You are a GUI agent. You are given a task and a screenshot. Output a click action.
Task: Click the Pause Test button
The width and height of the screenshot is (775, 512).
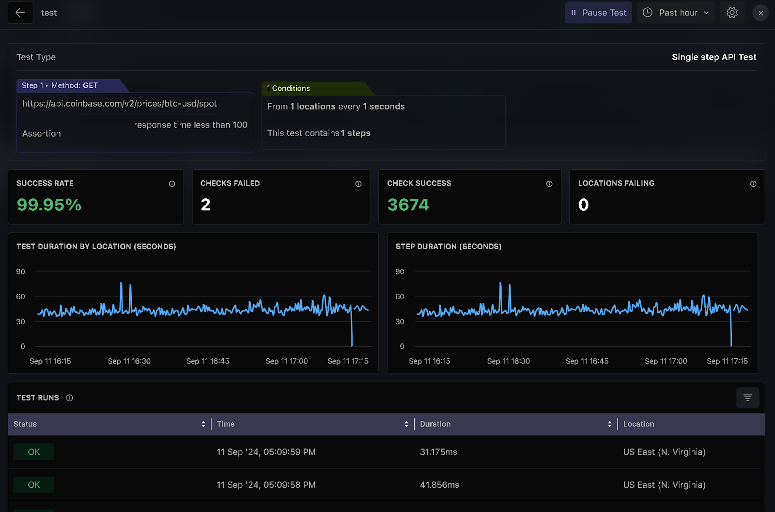(x=598, y=13)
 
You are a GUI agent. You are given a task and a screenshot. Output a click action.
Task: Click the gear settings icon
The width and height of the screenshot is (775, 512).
(x=732, y=13)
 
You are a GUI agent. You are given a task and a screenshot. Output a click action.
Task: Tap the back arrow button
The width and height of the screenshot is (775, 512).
(x=20, y=13)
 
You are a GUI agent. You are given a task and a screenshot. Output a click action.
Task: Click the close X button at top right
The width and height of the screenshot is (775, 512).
(x=760, y=13)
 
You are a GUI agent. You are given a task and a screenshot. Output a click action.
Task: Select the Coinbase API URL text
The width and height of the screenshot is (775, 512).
(x=119, y=104)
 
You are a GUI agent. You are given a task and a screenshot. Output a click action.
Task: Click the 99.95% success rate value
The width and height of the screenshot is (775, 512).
(x=49, y=205)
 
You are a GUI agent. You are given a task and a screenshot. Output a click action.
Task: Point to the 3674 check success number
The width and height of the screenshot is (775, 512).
(x=408, y=205)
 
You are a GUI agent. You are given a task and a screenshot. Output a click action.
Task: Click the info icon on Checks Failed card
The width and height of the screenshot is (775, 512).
(x=358, y=184)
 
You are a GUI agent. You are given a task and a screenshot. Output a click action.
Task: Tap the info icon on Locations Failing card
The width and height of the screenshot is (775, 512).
(x=753, y=184)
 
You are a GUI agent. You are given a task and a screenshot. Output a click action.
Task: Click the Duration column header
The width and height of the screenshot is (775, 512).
(x=435, y=424)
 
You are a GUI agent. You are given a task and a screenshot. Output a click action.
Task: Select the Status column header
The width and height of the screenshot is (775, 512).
(x=25, y=424)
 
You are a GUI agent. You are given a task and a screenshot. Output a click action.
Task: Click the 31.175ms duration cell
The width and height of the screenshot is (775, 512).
(x=438, y=452)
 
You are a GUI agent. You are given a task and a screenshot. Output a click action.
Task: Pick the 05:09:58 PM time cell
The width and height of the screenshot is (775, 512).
(x=266, y=485)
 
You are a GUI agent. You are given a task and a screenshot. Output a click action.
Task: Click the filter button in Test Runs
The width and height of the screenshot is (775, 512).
(x=747, y=398)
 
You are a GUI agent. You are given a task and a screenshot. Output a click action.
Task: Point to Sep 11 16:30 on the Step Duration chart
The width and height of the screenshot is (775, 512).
(x=508, y=361)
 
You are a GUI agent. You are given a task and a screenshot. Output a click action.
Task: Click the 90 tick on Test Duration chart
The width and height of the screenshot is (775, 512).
(x=20, y=272)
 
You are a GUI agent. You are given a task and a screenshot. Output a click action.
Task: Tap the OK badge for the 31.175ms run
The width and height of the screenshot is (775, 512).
(x=34, y=452)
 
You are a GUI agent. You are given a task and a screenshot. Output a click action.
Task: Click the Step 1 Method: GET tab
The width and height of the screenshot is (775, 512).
(x=60, y=86)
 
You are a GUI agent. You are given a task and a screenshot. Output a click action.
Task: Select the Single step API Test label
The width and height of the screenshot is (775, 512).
(x=713, y=57)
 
